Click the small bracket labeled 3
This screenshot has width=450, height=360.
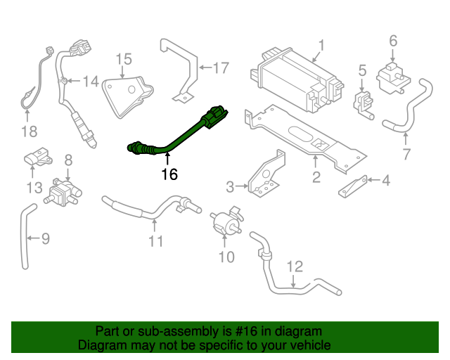click(x=385, y=181)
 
